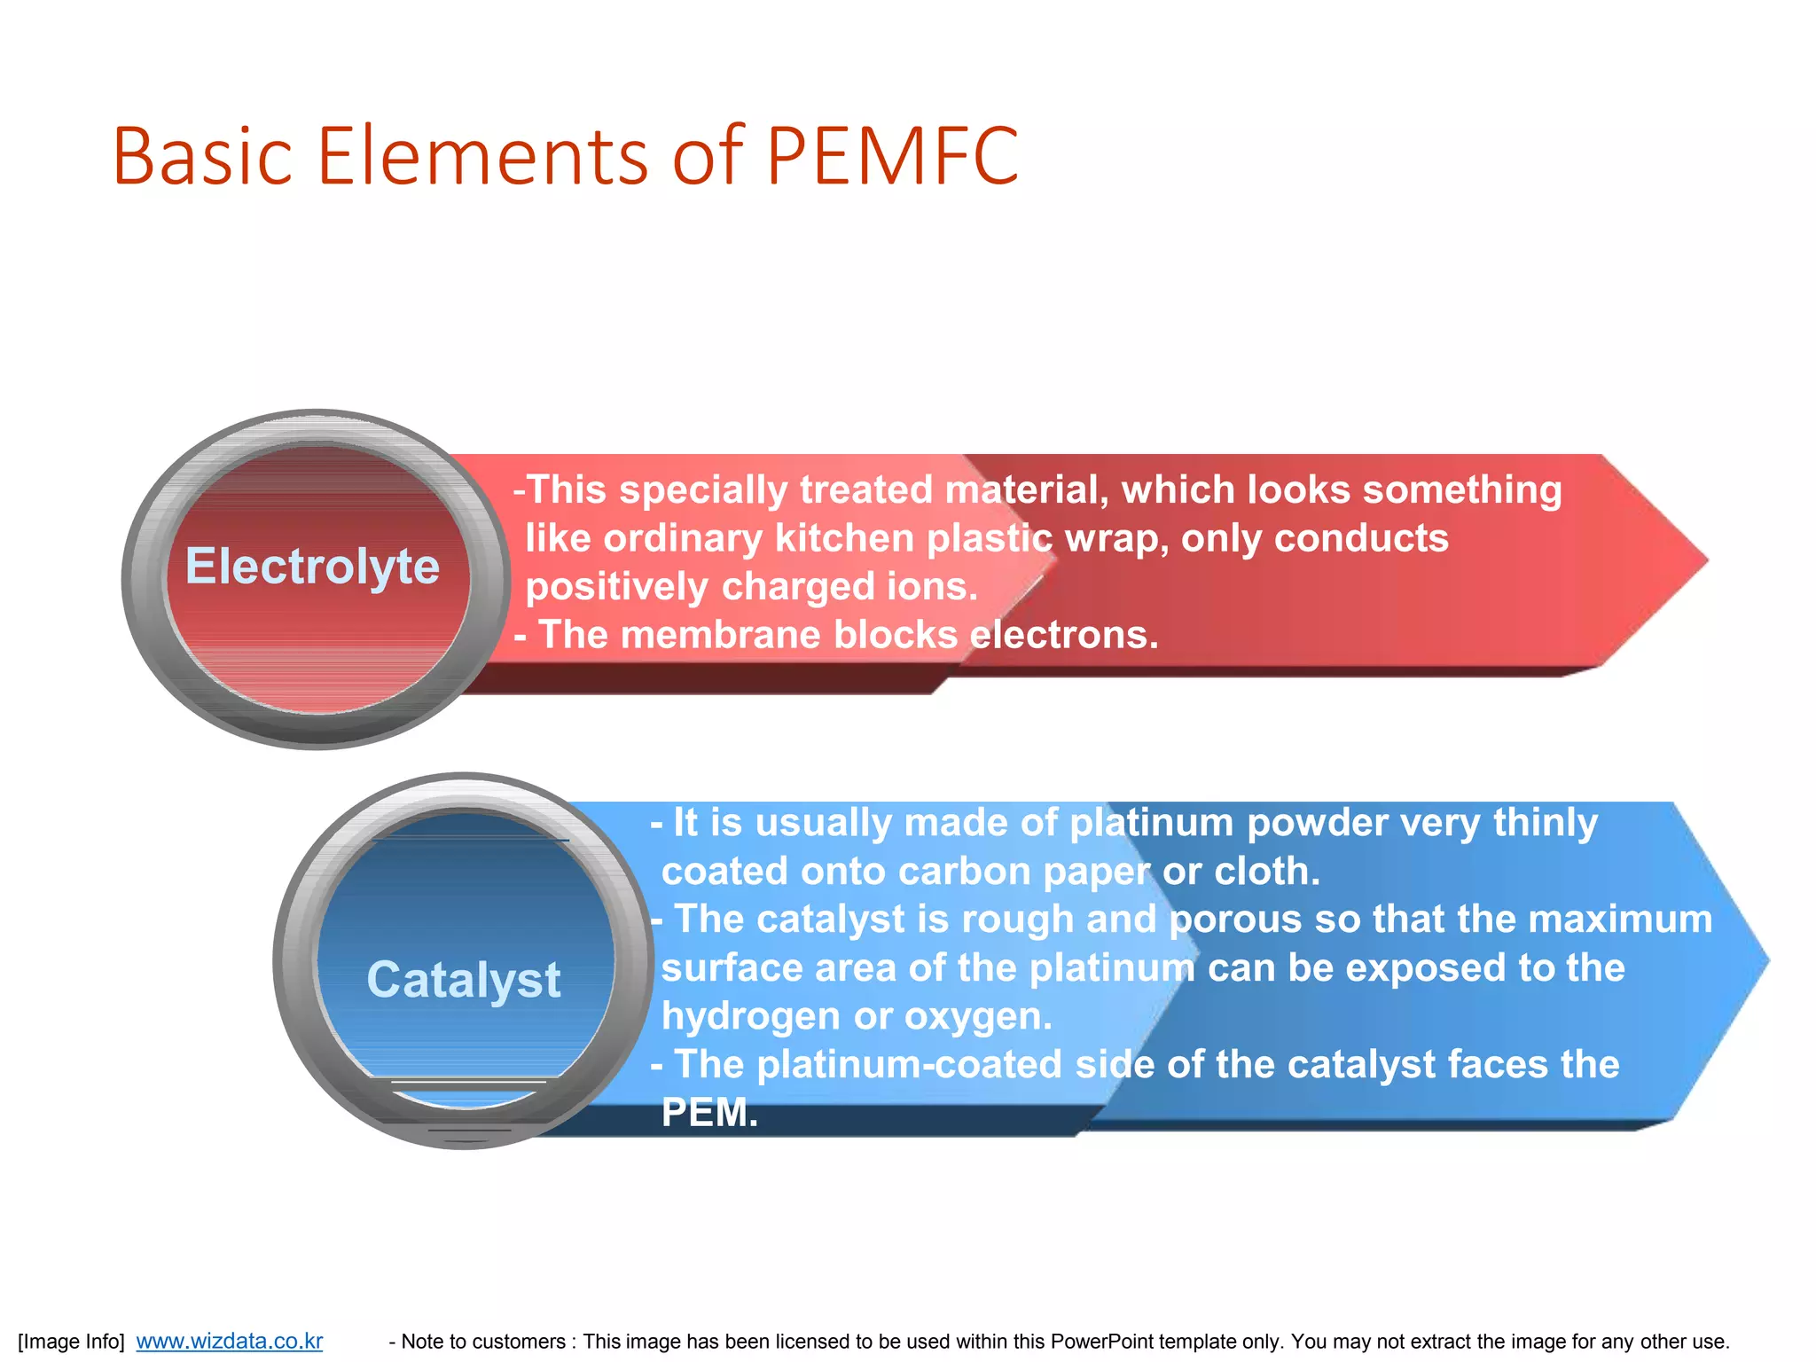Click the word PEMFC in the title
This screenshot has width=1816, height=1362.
tap(892, 157)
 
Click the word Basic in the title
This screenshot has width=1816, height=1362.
tap(202, 157)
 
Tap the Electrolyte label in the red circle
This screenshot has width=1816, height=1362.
tap(312, 567)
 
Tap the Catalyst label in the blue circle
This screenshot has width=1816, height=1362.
tap(464, 981)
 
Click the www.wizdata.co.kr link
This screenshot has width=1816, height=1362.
tap(229, 1342)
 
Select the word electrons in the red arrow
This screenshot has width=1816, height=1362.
tap(1063, 635)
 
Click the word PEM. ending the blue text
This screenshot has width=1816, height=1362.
tap(709, 1113)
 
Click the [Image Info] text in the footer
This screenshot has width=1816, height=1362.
tap(71, 1342)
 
